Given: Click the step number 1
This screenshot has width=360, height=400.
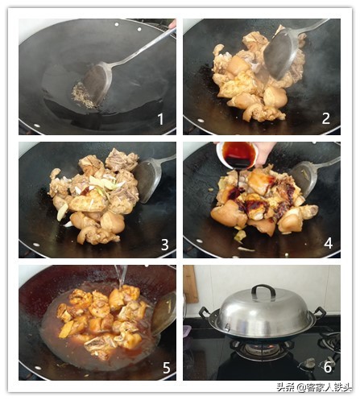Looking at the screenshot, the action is pyautogui.click(x=160, y=119).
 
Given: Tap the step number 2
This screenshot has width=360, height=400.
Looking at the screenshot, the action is pyautogui.click(x=325, y=118).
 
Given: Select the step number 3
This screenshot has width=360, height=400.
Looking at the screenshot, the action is pyautogui.click(x=164, y=245).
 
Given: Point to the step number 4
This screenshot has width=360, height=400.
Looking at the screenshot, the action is pyautogui.click(x=328, y=243).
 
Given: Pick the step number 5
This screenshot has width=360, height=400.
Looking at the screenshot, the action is pyautogui.click(x=167, y=368).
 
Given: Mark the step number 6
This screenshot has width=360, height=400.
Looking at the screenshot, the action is pyautogui.click(x=328, y=367).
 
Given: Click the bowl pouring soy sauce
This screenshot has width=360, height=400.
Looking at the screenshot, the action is pyautogui.click(x=237, y=155).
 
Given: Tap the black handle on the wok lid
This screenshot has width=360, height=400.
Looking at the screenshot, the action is pyautogui.click(x=263, y=290).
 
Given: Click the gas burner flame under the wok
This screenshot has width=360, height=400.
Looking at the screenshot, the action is pyautogui.click(x=261, y=348).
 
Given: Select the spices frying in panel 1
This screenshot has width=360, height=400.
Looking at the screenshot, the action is pyautogui.click(x=82, y=96).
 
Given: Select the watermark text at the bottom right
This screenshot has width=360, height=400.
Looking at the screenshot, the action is pyautogui.click(x=314, y=387).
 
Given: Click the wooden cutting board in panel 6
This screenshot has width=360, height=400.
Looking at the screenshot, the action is pyautogui.click(x=190, y=284).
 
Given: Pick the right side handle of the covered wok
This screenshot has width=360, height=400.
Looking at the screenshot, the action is pyautogui.click(x=320, y=312).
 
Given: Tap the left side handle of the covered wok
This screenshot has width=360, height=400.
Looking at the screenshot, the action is pyautogui.click(x=205, y=313).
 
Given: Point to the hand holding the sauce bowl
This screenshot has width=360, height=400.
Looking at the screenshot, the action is pyautogui.click(x=264, y=152).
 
